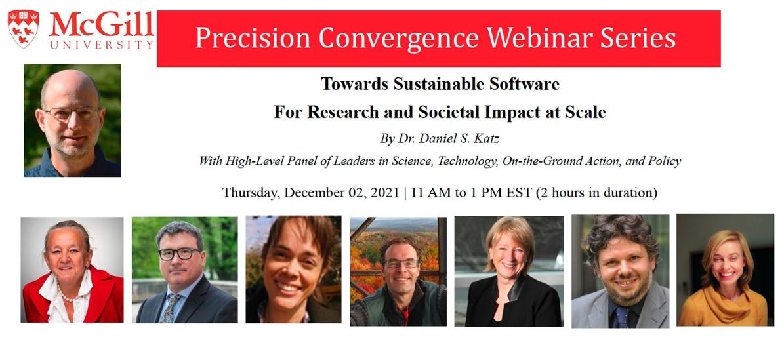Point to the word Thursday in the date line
251,193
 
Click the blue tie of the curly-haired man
619,315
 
